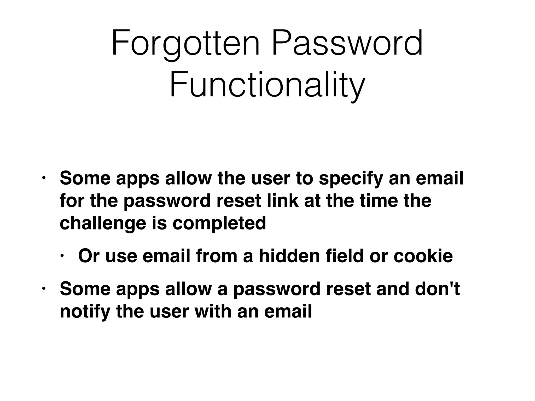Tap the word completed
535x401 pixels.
(219, 223)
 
